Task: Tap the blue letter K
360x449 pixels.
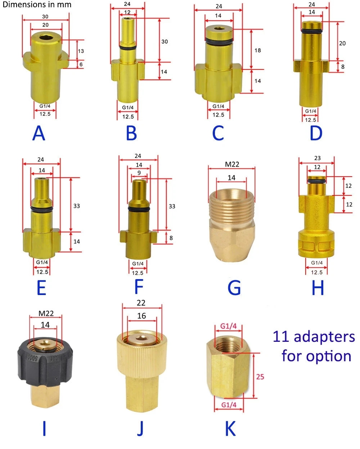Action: (x=230, y=429)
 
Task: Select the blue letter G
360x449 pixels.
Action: (x=234, y=288)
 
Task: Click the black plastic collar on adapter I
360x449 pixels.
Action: (x=44, y=367)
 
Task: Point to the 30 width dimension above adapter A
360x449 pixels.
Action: (x=45, y=17)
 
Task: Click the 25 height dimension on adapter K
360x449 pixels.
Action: (x=260, y=377)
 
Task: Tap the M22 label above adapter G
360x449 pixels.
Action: (x=232, y=164)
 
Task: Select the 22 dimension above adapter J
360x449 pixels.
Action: (x=141, y=303)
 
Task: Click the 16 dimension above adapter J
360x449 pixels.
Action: (x=141, y=316)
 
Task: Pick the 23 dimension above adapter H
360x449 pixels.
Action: (x=317, y=158)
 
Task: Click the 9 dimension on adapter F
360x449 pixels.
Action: (x=139, y=173)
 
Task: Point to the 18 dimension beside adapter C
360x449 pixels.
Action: (x=257, y=50)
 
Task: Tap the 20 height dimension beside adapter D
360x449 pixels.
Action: (x=342, y=43)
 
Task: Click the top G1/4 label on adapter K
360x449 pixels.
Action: (x=229, y=326)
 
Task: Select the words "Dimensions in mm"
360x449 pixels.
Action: (x=37, y=5)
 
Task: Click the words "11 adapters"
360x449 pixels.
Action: (x=314, y=337)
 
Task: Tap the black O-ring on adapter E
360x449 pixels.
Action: (x=42, y=209)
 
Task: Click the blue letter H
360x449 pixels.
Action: (x=318, y=288)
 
